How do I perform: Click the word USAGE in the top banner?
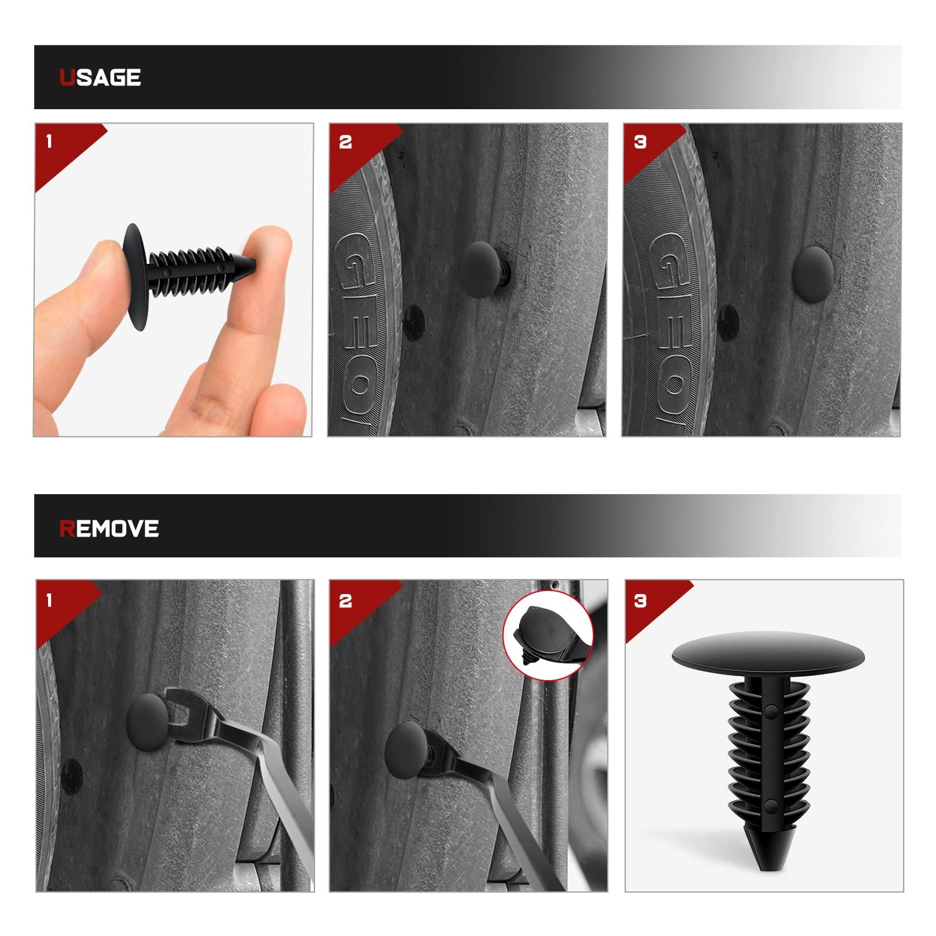[100, 77]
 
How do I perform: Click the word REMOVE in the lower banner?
[109, 528]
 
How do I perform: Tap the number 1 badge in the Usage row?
[49, 142]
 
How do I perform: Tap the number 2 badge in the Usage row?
[345, 142]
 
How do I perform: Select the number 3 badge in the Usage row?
[640, 142]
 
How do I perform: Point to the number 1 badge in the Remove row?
[49, 600]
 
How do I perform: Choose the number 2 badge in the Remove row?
[345, 600]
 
